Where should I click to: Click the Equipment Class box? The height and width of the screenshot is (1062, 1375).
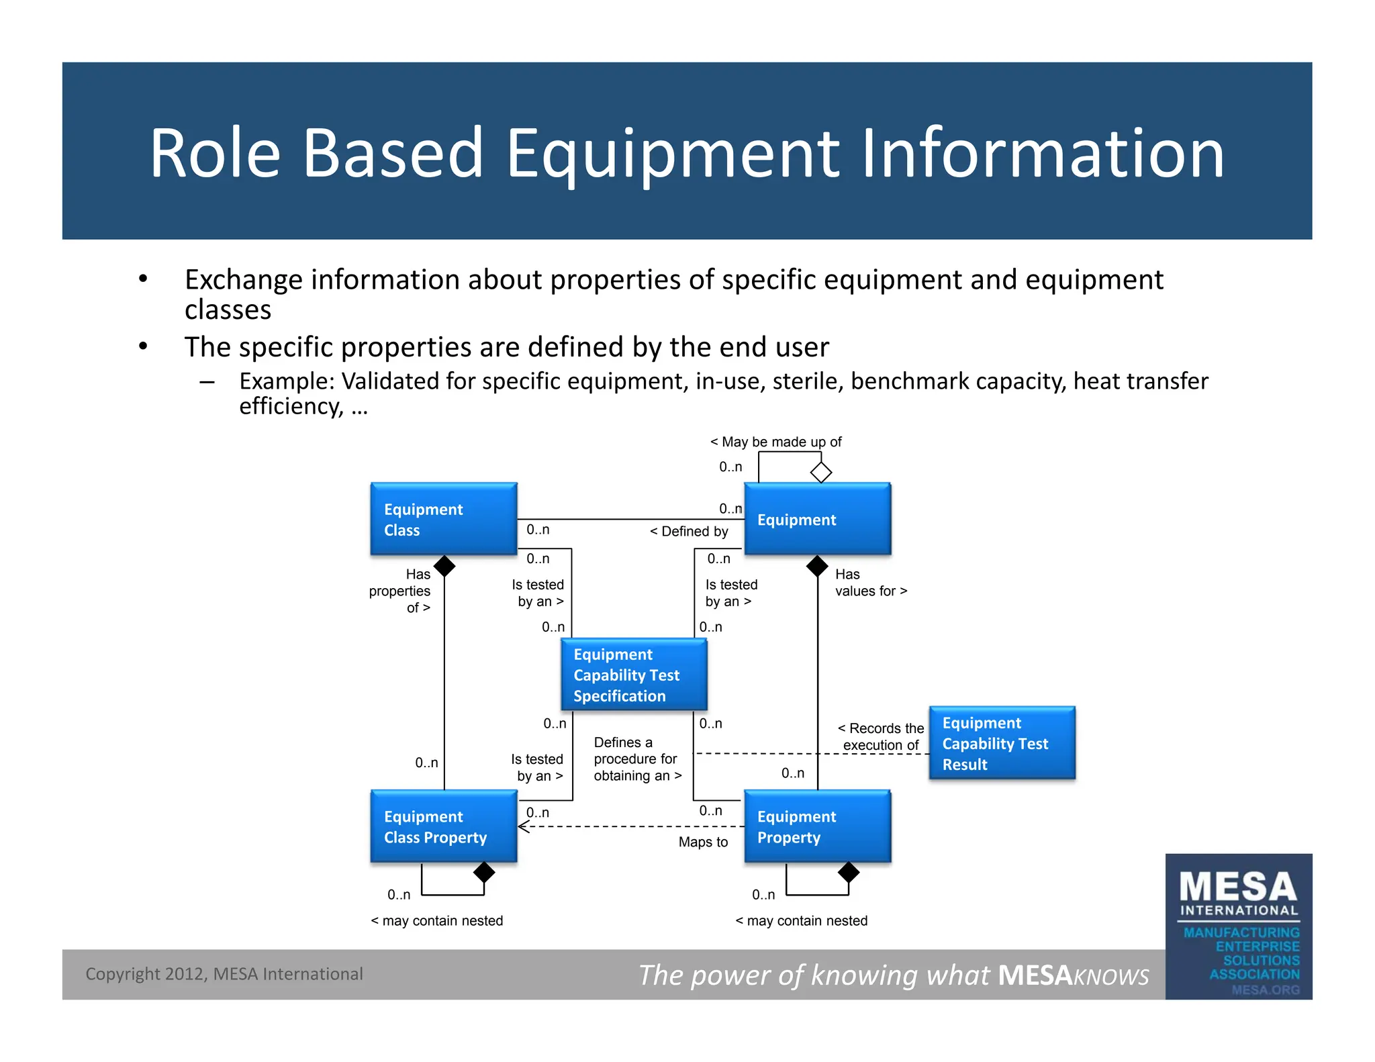pyautogui.click(x=443, y=519)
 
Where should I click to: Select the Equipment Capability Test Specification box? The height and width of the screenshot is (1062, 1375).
pyautogui.click(x=634, y=675)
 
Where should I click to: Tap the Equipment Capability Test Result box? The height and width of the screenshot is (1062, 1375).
pyautogui.click(x=1002, y=743)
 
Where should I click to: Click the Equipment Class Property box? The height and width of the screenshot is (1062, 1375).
pyautogui.click(x=443, y=826)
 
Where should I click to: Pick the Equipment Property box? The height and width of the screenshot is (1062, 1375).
pyautogui.click(x=817, y=826)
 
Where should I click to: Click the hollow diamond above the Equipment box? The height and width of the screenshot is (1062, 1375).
pyautogui.click(x=820, y=472)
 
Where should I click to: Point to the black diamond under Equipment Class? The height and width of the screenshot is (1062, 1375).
pyautogui.click(x=444, y=566)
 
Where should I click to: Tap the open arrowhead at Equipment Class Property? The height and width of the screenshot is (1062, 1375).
pyautogui.click(x=524, y=826)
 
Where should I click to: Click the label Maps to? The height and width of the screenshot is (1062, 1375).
pyautogui.click(x=702, y=842)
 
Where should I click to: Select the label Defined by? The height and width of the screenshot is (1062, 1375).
pyautogui.click(x=689, y=532)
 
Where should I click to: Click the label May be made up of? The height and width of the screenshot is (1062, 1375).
pyautogui.click(x=775, y=442)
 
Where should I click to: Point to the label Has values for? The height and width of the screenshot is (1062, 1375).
pyautogui.click(x=870, y=583)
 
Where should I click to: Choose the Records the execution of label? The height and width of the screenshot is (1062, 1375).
pyautogui.click(x=881, y=736)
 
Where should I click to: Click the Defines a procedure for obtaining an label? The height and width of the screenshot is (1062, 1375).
pyautogui.click(x=636, y=759)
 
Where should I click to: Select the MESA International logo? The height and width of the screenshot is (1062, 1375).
pyautogui.click(x=1238, y=926)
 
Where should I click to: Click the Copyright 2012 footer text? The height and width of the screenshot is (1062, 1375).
pyautogui.click(x=224, y=974)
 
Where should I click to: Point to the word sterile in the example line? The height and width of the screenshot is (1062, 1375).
pyautogui.click(x=807, y=381)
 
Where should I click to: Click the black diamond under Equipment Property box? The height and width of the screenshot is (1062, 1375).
pyautogui.click(x=849, y=872)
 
